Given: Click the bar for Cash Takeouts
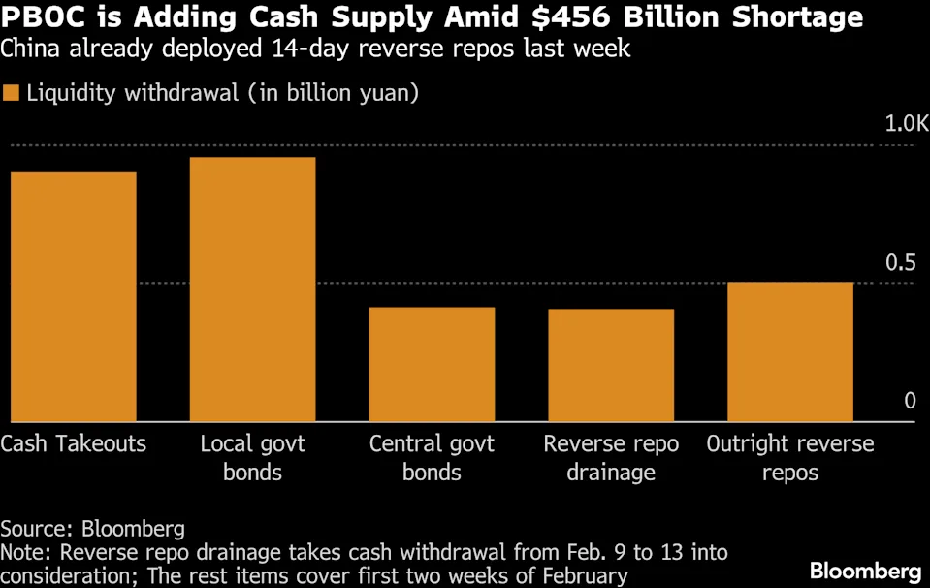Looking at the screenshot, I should pyautogui.click(x=73, y=296).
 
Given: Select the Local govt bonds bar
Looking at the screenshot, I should pyautogui.click(x=252, y=289).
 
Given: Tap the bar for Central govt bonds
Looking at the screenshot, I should pyautogui.click(x=432, y=364).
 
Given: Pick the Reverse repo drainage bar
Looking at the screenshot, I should pyautogui.click(x=611, y=365).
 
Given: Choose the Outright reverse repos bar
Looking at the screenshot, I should pyautogui.click(x=789, y=352).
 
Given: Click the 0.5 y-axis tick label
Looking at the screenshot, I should pyautogui.click(x=899, y=263).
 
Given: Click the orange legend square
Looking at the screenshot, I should pyautogui.click(x=11, y=94).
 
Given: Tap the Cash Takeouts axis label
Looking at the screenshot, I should pyautogui.click(x=73, y=444).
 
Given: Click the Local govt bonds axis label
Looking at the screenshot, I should pyautogui.click(x=252, y=458).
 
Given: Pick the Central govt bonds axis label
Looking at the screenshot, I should pyautogui.click(x=432, y=458).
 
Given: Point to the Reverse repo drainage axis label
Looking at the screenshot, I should pyautogui.click(x=611, y=458).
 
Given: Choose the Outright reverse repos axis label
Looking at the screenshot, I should pyautogui.click(x=789, y=458).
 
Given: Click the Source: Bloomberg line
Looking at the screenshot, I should pyautogui.click(x=92, y=530).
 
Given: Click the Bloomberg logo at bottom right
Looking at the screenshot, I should pyautogui.click(x=865, y=571).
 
